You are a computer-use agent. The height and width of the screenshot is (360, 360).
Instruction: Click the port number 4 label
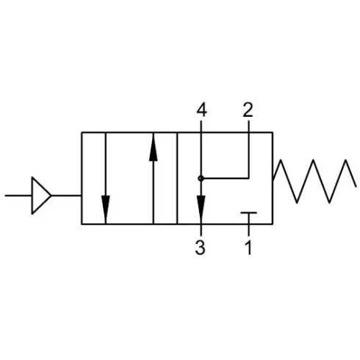coord(201,110)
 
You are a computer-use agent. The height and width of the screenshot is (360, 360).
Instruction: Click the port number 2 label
coord(248,110)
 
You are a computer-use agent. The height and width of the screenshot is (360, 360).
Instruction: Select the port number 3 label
coord(200,248)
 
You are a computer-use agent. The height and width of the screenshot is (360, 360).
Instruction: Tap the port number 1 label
coord(248,248)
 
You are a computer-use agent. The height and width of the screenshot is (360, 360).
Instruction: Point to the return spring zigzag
coord(314,181)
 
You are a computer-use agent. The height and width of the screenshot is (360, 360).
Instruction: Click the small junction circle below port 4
coord(201,179)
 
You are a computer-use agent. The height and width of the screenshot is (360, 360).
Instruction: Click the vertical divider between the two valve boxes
coord(177,179)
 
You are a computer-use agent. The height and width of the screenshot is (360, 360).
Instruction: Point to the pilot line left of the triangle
coord(18,195)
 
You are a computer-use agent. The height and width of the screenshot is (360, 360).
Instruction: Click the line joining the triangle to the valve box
coord(66,195)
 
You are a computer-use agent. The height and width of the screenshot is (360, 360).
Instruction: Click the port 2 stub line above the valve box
coord(248,126)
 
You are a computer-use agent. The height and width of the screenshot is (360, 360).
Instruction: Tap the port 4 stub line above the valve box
coord(201,126)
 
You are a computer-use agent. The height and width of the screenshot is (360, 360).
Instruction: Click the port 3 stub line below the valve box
coord(201,230)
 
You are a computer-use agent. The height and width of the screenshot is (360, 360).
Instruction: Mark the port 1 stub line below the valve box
coord(249,230)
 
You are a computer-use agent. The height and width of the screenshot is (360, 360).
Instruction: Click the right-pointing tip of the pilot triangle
coord(51,195)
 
